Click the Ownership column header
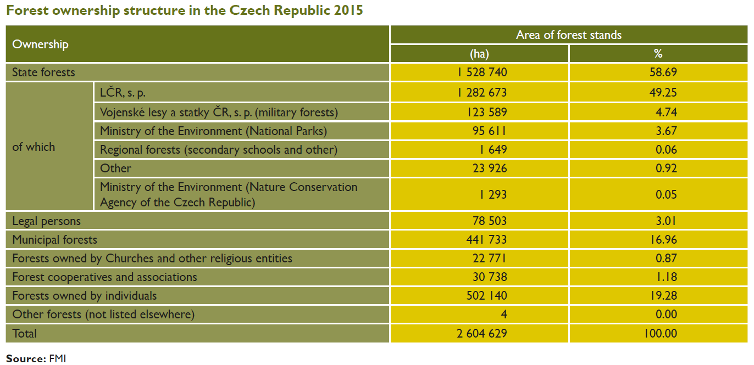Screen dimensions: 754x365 click(x=40, y=44)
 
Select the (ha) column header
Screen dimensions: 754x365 click(x=479, y=54)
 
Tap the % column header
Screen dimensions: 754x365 click(x=658, y=53)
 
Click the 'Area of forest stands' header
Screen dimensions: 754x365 click(x=569, y=35)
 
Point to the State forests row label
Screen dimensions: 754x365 click(x=43, y=72)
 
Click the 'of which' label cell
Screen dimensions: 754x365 click(x=34, y=147)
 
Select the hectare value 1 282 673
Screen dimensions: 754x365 click(x=481, y=92)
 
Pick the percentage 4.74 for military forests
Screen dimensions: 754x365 click(x=666, y=112)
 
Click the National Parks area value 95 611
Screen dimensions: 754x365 click(x=489, y=131)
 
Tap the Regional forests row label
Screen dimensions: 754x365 click(x=219, y=149)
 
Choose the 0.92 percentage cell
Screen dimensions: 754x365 click(x=666, y=168)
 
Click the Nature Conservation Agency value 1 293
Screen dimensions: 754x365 click(x=493, y=195)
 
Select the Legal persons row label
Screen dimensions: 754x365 click(x=47, y=221)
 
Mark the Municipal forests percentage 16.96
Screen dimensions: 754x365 click(x=663, y=240)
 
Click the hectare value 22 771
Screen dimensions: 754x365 click(x=489, y=259)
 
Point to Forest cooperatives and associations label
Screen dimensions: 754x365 click(x=104, y=277)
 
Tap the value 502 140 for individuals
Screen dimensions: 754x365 click(x=486, y=296)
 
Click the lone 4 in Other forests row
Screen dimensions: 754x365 click(x=503, y=315)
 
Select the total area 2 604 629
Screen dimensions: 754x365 click(x=481, y=333)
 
